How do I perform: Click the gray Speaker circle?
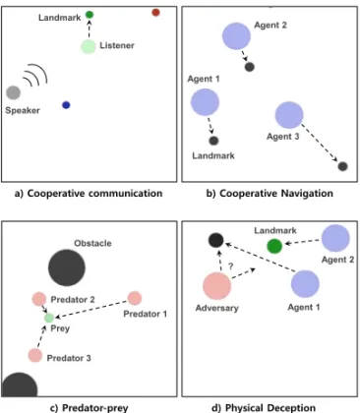(x=14, y=92)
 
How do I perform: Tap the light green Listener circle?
(x=89, y=47)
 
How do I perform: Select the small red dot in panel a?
(x=155, y=13)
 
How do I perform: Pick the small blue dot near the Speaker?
(x=66, y=105)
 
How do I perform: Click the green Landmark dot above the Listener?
(x=90, y=15)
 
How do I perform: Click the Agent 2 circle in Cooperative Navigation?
(x=236, y=36)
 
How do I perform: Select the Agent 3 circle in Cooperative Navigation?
(x=289, y=115)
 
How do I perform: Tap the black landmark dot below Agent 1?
(x=213, y=141)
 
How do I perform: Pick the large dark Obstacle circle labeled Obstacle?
(x=67, y=267)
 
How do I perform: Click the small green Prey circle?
(x=49, y=318)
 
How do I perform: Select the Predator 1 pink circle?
(x=135, y=298)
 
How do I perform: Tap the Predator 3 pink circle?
(x=35, y=355)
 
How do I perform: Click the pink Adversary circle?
(x=216, y=286)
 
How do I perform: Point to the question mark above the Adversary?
(x=231, y=266)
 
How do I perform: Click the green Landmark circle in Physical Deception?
(x=274, y=246)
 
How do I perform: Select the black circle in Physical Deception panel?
(x=215, y=240)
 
